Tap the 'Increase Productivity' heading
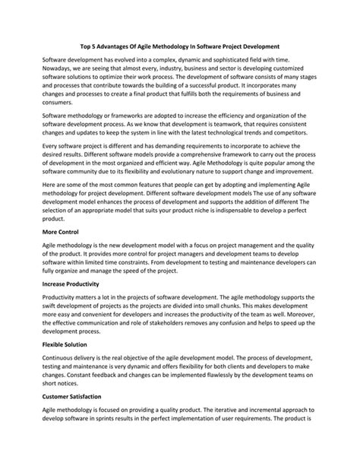pyautogui.click(x=76, y=283)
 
